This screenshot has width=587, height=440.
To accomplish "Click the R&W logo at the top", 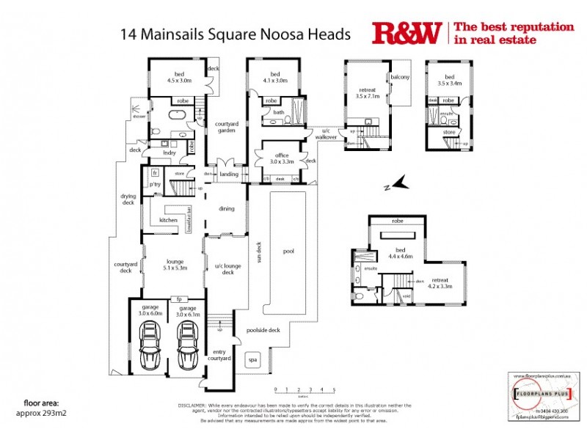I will [407, 33].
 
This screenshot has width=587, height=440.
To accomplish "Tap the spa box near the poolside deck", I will [253, 360].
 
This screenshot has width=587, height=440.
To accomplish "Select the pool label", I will [288, 251].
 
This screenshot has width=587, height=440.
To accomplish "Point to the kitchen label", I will [169, 220].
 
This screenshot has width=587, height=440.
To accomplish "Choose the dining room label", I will [226, 209].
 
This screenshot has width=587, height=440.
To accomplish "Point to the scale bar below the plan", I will [305, 391].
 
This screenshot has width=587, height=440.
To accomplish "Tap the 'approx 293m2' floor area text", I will [46, 412].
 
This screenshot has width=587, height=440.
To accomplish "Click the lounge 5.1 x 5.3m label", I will [173, 265].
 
